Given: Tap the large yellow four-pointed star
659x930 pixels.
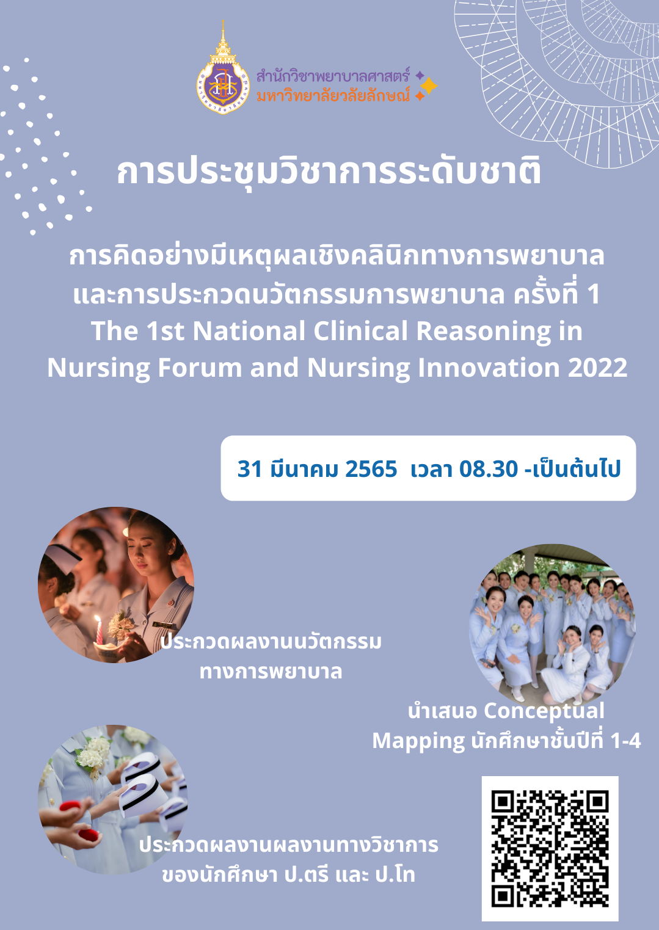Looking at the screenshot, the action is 429,85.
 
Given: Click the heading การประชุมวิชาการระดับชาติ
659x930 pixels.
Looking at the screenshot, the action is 329,172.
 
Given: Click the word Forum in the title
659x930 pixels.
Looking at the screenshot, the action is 200,368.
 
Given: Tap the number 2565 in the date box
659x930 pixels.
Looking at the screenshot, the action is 371,469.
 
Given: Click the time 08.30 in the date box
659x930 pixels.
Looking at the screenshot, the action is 489,469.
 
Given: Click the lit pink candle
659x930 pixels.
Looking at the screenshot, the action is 99,630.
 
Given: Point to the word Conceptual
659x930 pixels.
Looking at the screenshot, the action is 544,711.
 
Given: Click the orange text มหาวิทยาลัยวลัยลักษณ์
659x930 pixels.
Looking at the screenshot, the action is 333,95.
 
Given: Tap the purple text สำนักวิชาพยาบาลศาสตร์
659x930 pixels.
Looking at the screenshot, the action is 333,76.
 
